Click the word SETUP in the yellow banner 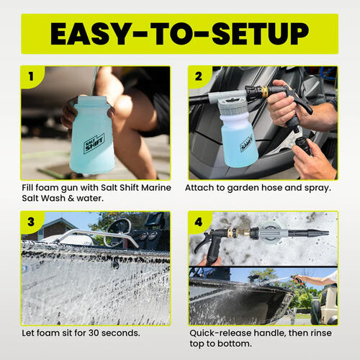261,34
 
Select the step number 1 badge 31,76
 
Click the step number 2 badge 199,76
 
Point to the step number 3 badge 31,222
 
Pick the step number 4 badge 199,222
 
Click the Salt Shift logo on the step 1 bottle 94,143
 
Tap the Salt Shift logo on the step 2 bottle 246,143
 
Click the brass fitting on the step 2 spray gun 264,91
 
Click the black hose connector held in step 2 302,145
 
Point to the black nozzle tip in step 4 318,233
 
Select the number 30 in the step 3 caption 94,333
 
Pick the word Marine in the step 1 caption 156,187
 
